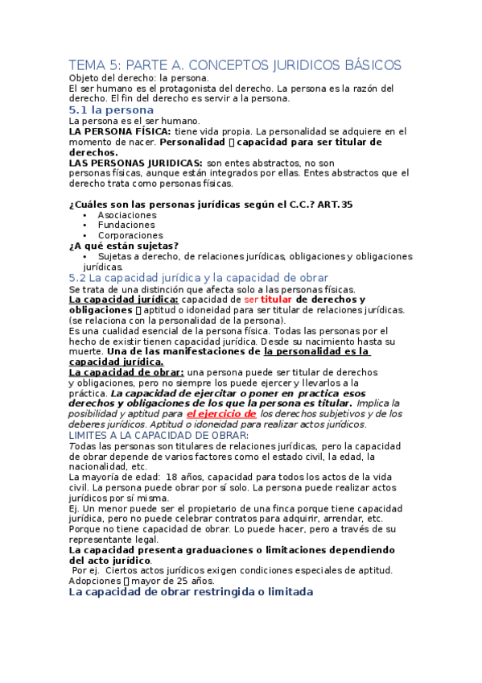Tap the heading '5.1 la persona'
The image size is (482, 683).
click(x=111, y=109)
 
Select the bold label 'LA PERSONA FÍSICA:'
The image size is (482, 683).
click(x=120, y=130)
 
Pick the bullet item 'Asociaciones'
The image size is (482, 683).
click(x=127, y=215)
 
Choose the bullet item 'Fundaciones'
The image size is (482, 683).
click(x=126, y=226)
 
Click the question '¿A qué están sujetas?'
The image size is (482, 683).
click(x=124, y=246)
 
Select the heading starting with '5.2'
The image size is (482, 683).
click(x=199, y=277)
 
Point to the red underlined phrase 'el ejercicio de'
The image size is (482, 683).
click(x=221, y=413)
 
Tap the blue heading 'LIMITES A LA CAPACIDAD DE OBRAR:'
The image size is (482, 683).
click(x=159, y=435)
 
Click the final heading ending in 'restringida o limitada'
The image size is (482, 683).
click(x=191, y=591)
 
